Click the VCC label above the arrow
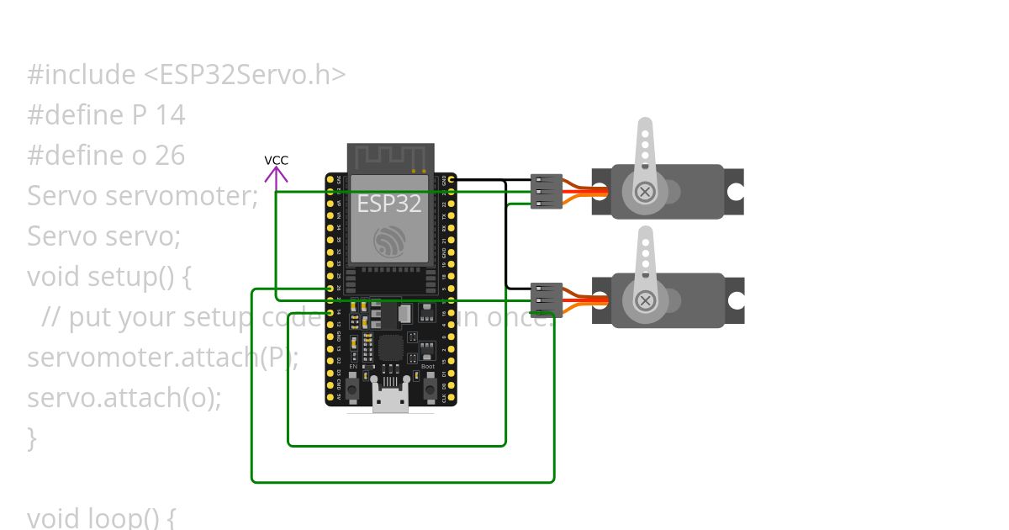pyautogui.click(x=276, y=160)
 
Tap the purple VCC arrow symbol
pyautogui.click(x=276, y=175)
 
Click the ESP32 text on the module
pyautogui.click(x=389, y=204)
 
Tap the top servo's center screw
pyautogui.click(x=645, y=192)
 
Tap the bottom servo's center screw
pyautogui.click(x=645, y=300)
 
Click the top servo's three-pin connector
pyautogui.click(x=547, y=191)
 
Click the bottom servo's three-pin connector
pyautogui.click(x=547, y=299)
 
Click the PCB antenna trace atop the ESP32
pyautogui.click(x=390, y=157)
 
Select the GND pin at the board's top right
pyautogui.click(x=452, y=179)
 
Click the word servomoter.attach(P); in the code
pyautogui.click(x=163, y=357)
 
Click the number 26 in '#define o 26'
pyautogui.click(x=169, y=156)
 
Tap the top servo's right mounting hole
pyautogui.click(x=735, y=192)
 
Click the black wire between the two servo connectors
pyautogui.click(x=505, y=236)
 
